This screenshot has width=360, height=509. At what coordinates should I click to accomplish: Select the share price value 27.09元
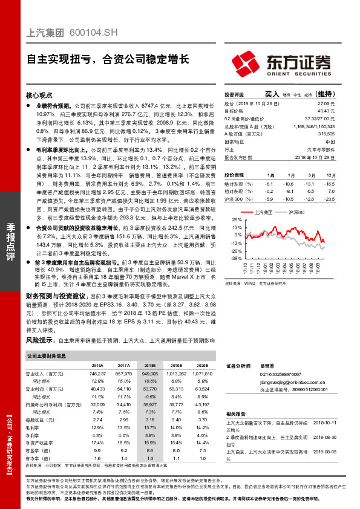click(327, 104)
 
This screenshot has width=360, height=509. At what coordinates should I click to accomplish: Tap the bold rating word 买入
click(272, 95)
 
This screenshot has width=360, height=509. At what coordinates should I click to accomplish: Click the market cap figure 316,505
click(325, 133)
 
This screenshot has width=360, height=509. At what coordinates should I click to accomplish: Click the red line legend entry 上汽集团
click(263, 213)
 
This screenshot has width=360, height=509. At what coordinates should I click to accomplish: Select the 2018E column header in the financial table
click(149, 366)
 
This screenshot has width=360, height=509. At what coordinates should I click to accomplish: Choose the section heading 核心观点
click(39, 96)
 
